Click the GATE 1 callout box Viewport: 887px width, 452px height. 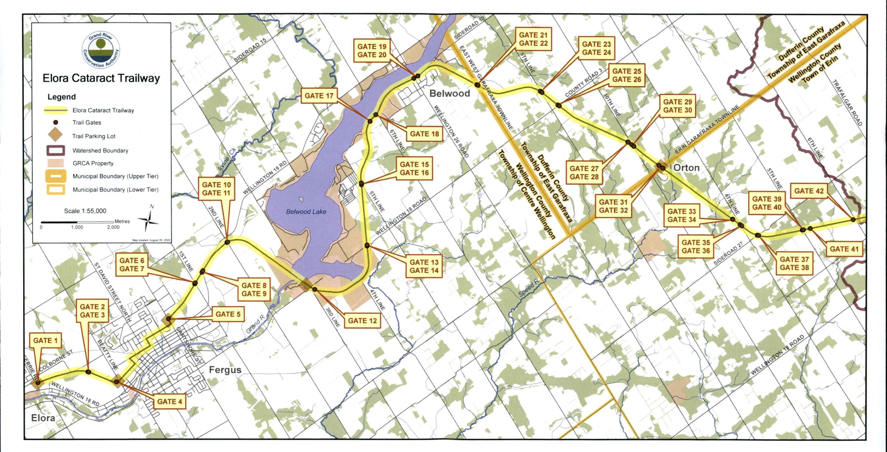click(x=45, y=341)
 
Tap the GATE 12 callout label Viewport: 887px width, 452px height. click(x=362, y=320)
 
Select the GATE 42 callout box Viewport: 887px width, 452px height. click(x=808, y=191)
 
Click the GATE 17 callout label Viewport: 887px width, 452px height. click(x=319, y=96)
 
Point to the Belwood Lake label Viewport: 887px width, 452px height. click(x=306, y=212)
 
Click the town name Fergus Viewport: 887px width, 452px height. click(x=225, y=370)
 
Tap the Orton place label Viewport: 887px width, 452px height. click(x=686, y=167)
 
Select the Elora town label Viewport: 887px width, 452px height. click(x=43, y=418)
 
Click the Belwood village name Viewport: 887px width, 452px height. click(x=450, y=93)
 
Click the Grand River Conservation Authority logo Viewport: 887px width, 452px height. click(x=101, y=50)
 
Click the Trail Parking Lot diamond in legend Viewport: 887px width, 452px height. click(x=55, y=135)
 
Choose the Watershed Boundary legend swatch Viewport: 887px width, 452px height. click(x=55, y=150)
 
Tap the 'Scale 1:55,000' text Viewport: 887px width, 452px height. click(x=85, y=211)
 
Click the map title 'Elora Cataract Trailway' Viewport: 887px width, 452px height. click(x=101, y=78)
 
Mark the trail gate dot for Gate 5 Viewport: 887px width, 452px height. click(x=169, y=319)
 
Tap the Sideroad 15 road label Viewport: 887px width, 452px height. click(x=250, y=50)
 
